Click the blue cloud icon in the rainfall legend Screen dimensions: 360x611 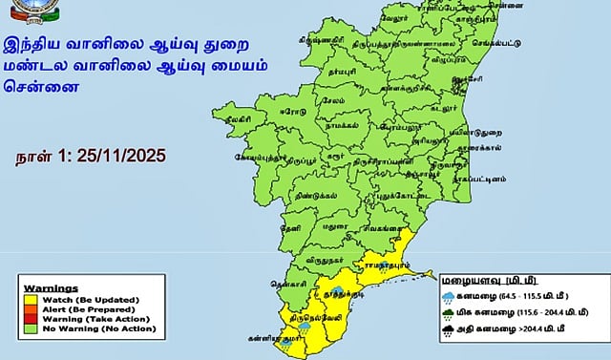pyautogui.click(x=448, y=295)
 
